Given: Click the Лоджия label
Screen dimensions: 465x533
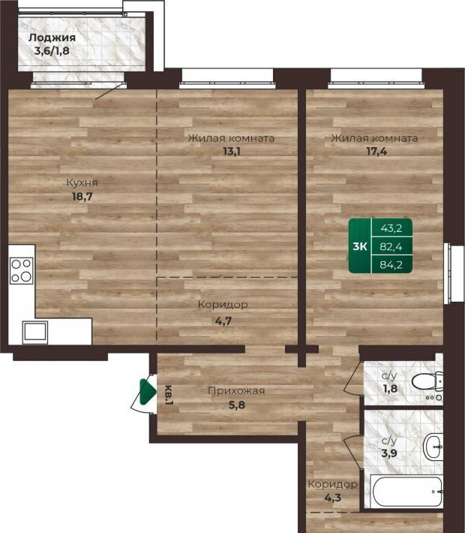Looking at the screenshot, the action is pos(52,38).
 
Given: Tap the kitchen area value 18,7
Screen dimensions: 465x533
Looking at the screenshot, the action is pos(82,197).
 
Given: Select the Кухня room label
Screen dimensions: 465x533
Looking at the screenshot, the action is pos(82,182).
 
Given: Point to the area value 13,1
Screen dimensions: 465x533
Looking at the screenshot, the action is pos(231,151).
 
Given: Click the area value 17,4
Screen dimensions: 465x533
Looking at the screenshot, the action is pos(376,151).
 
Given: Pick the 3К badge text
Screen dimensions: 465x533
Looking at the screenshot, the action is pos(360,246).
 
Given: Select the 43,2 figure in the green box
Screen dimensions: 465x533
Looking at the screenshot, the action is pos(391,228).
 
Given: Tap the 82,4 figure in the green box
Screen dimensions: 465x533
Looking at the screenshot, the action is pos(391,246).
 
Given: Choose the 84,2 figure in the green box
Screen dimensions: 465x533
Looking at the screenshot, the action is pos(391,264).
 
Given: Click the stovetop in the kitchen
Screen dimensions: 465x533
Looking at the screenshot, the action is pos(22,270).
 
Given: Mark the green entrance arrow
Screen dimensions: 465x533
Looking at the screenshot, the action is pos(148,392).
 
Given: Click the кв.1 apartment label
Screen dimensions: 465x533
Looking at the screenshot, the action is pos(169,395).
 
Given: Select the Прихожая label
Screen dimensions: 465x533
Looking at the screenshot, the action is pos(236,391).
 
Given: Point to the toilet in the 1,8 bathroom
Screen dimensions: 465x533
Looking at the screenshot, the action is pos(427,381).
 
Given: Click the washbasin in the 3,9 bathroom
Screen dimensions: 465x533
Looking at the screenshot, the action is pos(433,447).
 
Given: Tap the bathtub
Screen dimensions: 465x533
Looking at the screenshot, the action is pos(407,492).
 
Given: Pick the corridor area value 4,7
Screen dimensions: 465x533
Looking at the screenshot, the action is pos(223,321).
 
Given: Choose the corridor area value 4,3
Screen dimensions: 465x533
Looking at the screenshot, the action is pos(333,498).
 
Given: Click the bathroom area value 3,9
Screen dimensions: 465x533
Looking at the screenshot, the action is pos(389,453).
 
